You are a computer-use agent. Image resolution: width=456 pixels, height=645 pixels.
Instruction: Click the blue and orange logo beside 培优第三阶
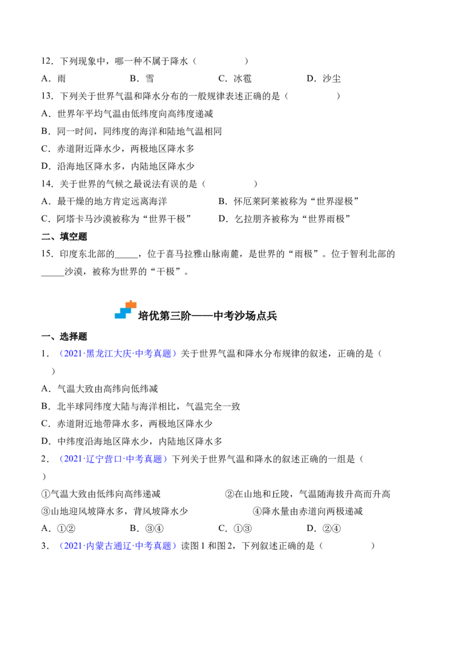pos(125,310)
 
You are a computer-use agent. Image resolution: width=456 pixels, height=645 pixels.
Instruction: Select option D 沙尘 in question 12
pos(324,79)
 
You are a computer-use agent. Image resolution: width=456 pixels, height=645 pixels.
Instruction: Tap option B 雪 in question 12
pos(142,79)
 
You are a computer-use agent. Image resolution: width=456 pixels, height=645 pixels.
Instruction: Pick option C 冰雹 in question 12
pos(235,79)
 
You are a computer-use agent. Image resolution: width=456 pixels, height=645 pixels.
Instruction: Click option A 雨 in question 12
pos(54,79)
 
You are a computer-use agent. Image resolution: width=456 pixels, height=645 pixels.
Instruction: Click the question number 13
pos(47,96)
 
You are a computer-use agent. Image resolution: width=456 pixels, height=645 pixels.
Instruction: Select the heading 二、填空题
pos(64,236)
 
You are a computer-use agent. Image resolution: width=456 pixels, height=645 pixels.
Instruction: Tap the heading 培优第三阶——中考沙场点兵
pos(207,316)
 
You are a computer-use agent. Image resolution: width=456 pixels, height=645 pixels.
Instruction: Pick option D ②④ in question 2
pos(324,528)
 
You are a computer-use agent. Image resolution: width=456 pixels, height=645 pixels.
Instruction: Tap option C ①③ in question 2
pos(235,528)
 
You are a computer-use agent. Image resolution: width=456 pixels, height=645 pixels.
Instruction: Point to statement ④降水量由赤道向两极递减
pos(308,511)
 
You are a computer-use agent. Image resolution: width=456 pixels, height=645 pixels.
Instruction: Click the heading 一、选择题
pos(64,337)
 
